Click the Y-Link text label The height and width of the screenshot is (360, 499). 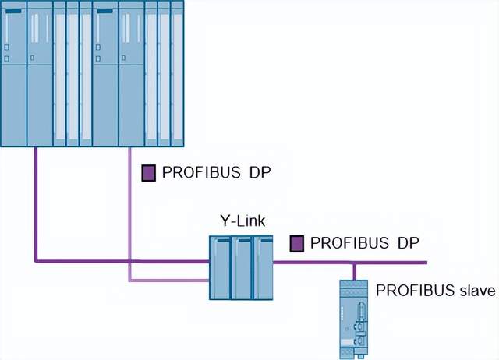[243, 221]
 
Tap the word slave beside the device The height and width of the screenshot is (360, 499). [476, 291]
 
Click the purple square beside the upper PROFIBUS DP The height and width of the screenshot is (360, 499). [147, 173]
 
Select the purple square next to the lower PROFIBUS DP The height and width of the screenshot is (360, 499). [296, 244]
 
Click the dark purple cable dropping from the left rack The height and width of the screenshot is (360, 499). [36, 203]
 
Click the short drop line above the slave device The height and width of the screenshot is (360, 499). [356, 270]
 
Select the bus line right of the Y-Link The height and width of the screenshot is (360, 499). [351, 261]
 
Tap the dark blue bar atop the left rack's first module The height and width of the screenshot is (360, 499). [14, 13]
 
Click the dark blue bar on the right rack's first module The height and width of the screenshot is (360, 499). [104, 13]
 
